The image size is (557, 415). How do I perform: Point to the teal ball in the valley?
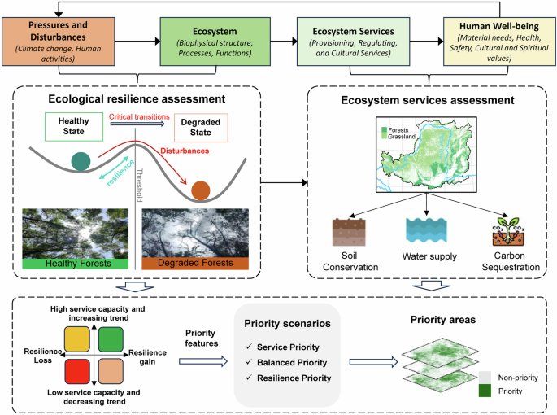tap(82, 162)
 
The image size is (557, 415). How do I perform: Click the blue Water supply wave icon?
tap(424, 234)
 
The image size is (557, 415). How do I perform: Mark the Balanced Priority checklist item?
tap(290, 360)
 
